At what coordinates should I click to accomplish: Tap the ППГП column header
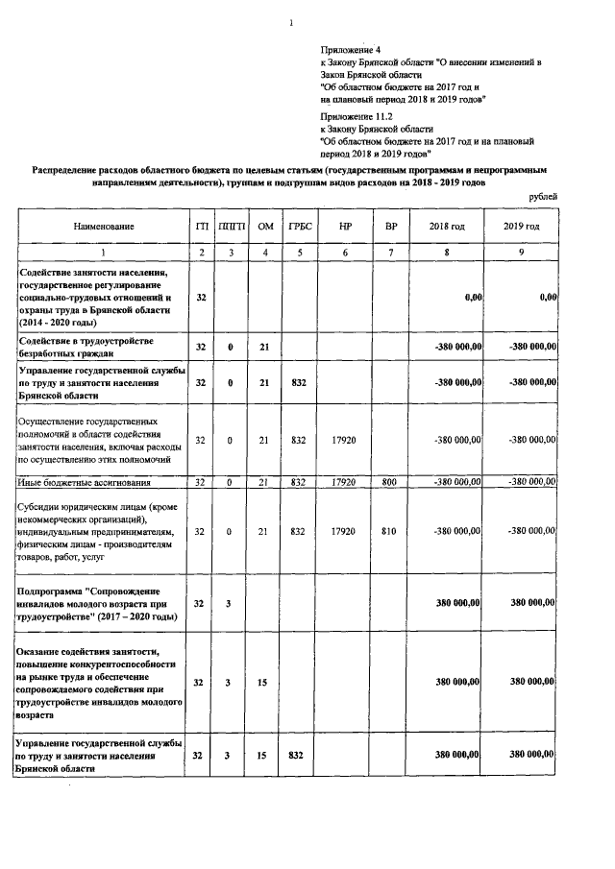click(x=232, y=226)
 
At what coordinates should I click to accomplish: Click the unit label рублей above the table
click(x=543, y=197)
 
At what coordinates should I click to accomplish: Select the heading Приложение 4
click(x=351, y=49)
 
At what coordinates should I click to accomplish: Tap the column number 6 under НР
click(x=344, y=252)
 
